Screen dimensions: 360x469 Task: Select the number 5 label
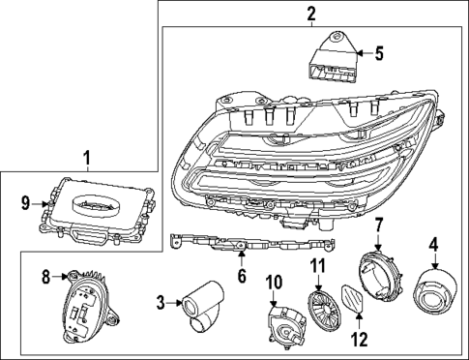[379, 53]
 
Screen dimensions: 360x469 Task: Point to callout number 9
[26, 202]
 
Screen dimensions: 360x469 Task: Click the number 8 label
[44, 278]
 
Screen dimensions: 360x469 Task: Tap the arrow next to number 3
[175, 304]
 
